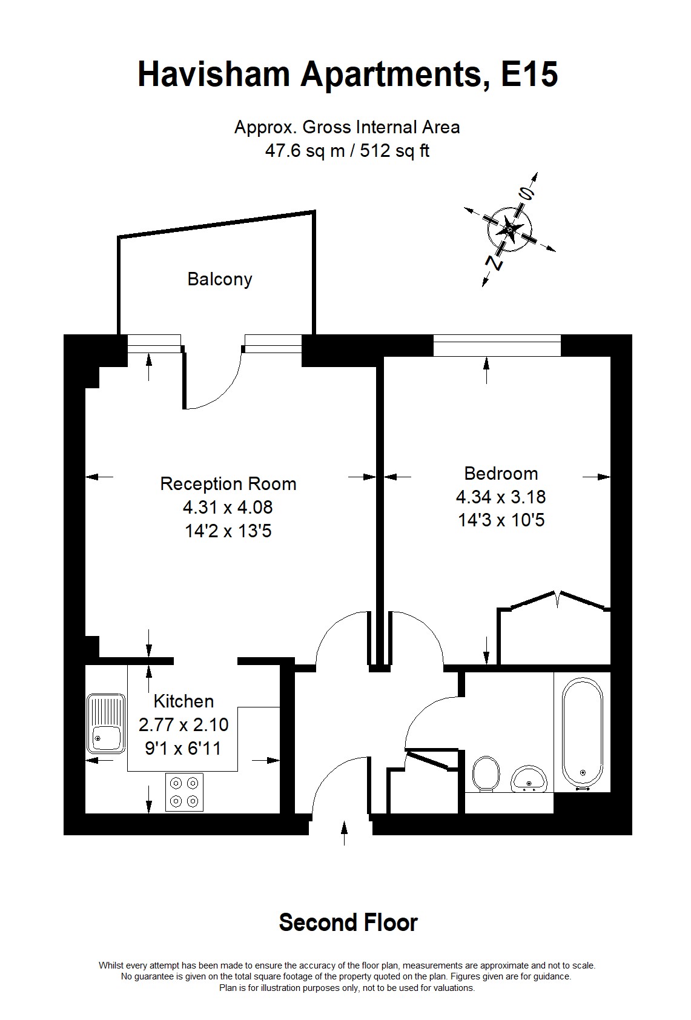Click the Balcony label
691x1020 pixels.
[x=219, y=279]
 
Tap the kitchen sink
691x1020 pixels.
[x=105, y=724]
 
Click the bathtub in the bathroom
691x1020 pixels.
[x=582, y=734]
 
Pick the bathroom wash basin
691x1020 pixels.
[x=529, y=779]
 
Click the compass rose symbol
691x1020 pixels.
[x=509, y=229]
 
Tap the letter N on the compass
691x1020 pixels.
[x=494, y=263]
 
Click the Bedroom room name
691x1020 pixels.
[x=501, y=474]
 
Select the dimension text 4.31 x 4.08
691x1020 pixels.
[x=228, y=507]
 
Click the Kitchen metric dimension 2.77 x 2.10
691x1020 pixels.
[x=183, y=724]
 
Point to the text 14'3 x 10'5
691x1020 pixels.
[x=501, y=520]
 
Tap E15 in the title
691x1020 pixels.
[x=529, y=75]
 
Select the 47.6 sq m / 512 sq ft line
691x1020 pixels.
[x=347, y=150]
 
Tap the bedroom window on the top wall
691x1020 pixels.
[x=497, y=346]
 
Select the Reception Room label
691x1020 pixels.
[x=228, y=483]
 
